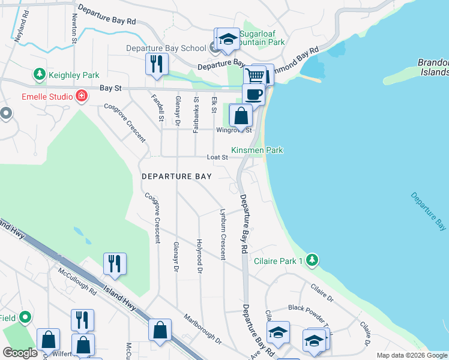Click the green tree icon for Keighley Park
click(x=40, y=75)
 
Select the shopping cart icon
click(x=255, y=76)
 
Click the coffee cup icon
click(x=253, y=95)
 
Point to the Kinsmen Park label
click(x=257, y=150)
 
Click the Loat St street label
click(x=217, y=157)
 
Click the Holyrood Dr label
click(x=199, y=255)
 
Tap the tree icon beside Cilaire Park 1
click(x=311, y=260)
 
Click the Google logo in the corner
click(x=20, y=352)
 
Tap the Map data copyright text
click(x=411, y=355)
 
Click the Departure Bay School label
click(x=166, y=48)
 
